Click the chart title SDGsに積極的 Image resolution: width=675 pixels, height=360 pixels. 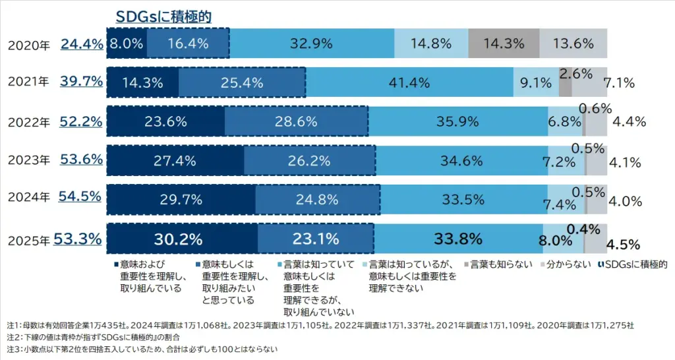[163, 16]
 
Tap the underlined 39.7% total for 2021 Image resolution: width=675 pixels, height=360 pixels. [82, 82]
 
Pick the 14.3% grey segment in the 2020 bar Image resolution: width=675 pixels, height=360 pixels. [504, 44]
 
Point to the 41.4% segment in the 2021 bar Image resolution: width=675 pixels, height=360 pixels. [409, 83]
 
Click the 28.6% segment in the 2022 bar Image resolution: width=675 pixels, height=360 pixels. [296, 122]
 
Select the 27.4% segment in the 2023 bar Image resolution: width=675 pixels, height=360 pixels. [175, 160]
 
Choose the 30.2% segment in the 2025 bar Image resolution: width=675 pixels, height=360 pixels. [182, 238]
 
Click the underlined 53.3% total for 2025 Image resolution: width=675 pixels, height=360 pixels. [77, 238]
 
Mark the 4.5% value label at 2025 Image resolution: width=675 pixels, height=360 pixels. [623, 245]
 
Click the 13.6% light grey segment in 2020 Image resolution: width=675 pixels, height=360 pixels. [573, 44]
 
